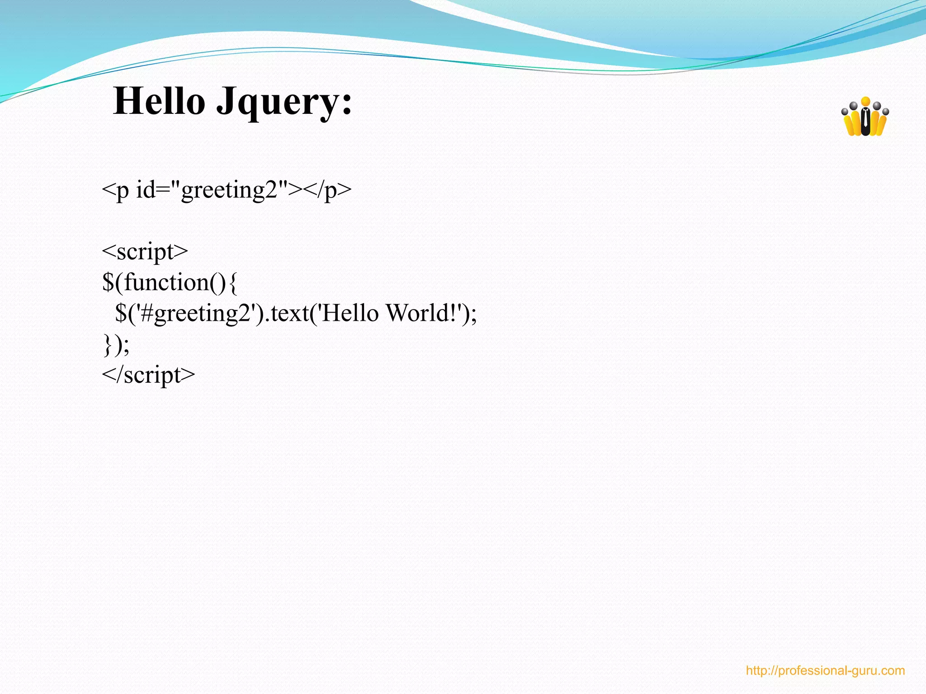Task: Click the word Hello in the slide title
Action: (159, 101)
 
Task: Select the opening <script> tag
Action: (145, 252)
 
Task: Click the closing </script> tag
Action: (148, 375)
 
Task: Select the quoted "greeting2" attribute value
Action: (234, 190)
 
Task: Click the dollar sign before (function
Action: (109, 282)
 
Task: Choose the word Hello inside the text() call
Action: (350, 313)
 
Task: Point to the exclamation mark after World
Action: (454, 313)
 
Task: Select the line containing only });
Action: (116, 345)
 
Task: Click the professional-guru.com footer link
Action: (825, 671)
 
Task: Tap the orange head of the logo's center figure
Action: (865, 102)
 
